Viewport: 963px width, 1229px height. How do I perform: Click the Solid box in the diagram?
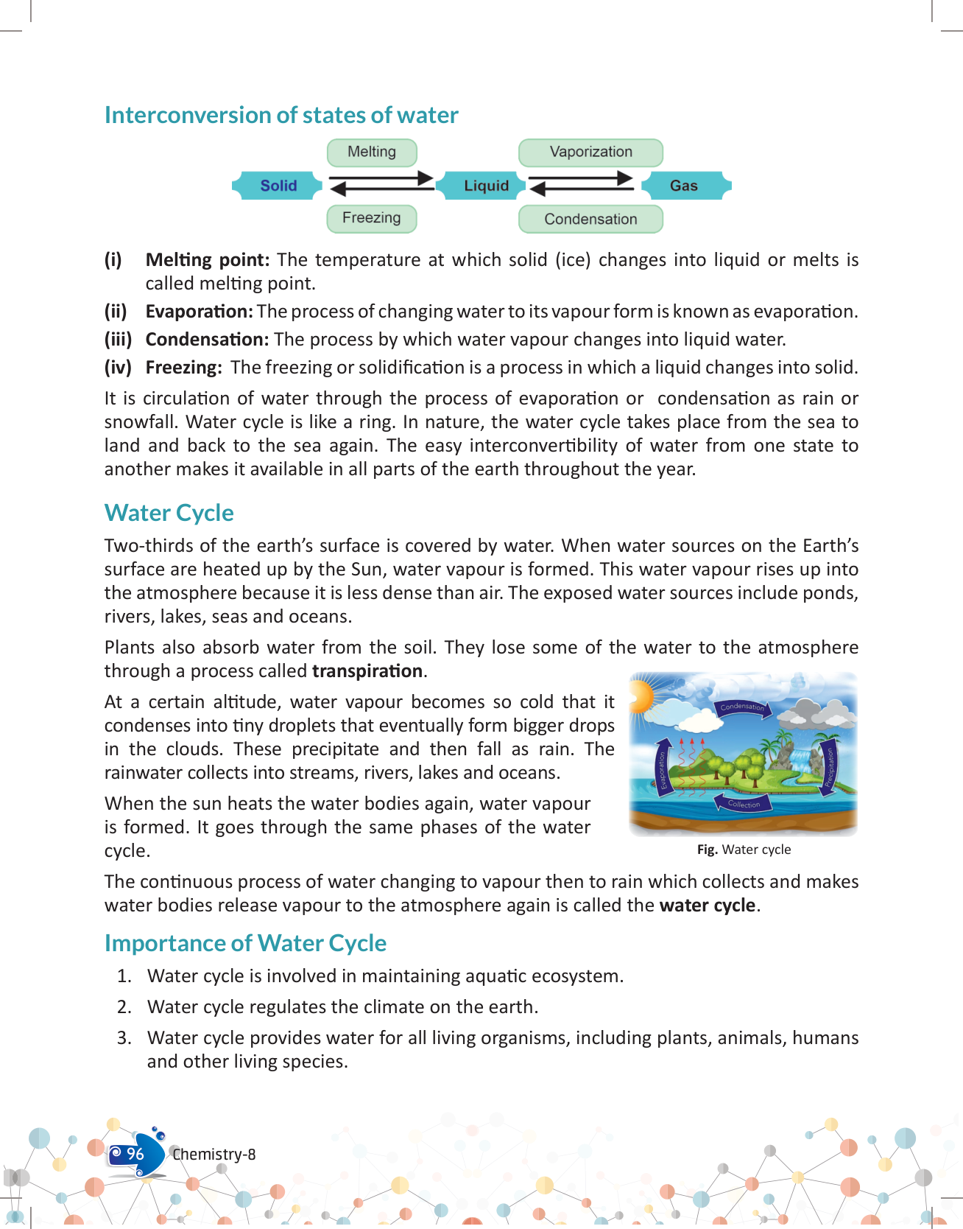[x=278, y=186]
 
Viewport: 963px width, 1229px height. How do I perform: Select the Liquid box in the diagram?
[x=486, y=186]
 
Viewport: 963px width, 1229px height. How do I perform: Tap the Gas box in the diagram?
[x=684, y=186]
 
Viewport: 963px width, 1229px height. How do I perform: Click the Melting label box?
[x=372, y=152]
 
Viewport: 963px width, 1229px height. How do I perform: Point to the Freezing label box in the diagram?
[x=372, y=218]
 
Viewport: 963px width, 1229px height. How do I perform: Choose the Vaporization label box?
[x=590, y=152]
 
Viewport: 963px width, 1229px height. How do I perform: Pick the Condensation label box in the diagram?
[x=590, y=219]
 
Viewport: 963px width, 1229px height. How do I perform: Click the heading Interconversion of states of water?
[x=281, y=115]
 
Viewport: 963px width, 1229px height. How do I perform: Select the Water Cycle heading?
[x=169, y=513]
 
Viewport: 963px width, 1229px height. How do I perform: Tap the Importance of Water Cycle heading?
[x=245, y=943]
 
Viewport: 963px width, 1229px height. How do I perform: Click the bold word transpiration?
[x=367, y=671]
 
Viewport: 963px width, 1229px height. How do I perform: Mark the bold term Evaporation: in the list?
[x=199, y=312]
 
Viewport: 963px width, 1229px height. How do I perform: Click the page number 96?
[x=135, y=1154]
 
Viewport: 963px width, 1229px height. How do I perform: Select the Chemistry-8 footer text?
[x=214, y=1155]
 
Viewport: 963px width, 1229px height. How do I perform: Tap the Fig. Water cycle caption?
[x=744, y=850]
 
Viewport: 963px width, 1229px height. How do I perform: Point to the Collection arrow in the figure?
[x=744, y=803]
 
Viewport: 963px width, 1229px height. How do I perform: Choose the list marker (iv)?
[x=118, y=368]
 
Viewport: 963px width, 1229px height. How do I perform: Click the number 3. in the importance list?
[x=124, y=1038]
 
